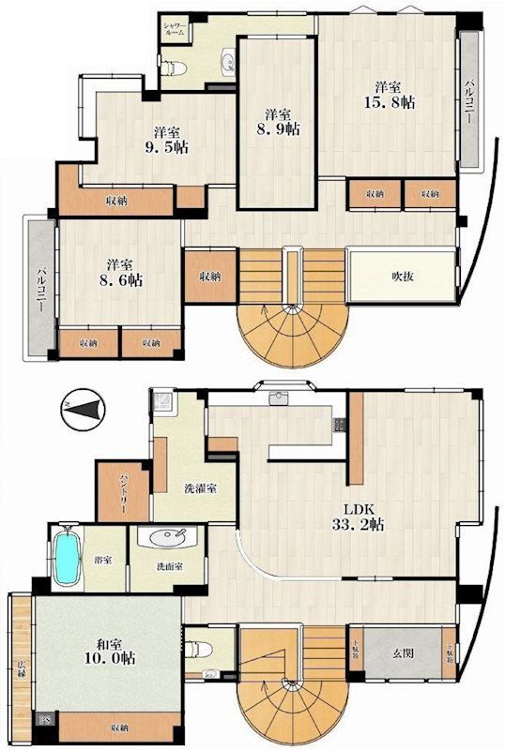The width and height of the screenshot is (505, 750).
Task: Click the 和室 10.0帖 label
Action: tap(106, 651)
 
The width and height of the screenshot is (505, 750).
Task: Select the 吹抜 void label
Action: tap(403, 276)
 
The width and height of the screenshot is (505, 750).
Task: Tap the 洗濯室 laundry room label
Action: tap(200, 489)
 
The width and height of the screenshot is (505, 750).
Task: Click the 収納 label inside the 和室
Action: tap(118, 727)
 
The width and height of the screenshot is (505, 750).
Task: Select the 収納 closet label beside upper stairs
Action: tap(209, 277)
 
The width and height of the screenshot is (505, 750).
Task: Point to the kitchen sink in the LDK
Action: tap(279, 398)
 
